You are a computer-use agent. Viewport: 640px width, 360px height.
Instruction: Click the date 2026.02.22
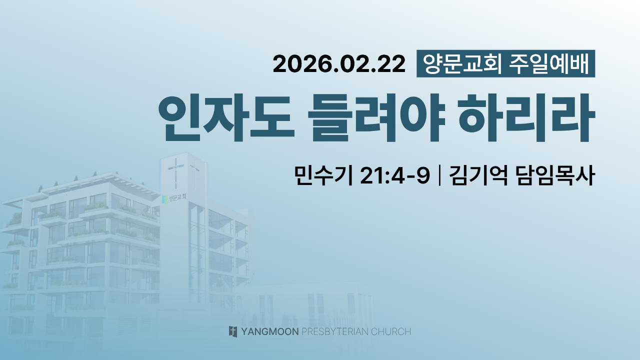pyautogui.click(x=339, y=64)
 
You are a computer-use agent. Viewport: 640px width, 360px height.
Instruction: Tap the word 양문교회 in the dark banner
pyautogui.click(x=462, y=63)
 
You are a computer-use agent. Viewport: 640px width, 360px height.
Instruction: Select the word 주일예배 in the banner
pyautogui.click(x=549, y=63)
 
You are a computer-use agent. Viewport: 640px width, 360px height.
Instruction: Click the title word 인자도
pyautogui.click(x=226, y=117)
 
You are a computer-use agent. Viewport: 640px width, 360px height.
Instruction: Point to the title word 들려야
pyautogui.click(x=376, y=117)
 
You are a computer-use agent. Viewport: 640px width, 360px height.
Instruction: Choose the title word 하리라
pyautogui.click(x=527, y=117)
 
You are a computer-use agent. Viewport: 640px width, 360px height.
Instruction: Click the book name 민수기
pyautogui.click(x=323, y=175)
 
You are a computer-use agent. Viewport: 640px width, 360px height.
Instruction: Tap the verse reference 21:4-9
pyautogui.click(x=395, y=175)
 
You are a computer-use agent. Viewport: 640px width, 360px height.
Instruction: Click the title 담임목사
pyautogui.click(x=555, y=175)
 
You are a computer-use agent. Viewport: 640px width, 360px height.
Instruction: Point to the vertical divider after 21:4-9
pyautogui.click(x=439, y=175)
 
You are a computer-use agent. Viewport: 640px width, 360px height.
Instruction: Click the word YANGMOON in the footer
pyautogui.click(x=270, y=331)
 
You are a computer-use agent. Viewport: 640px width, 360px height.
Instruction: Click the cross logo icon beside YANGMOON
pyautogui.click(x=233, y=331)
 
